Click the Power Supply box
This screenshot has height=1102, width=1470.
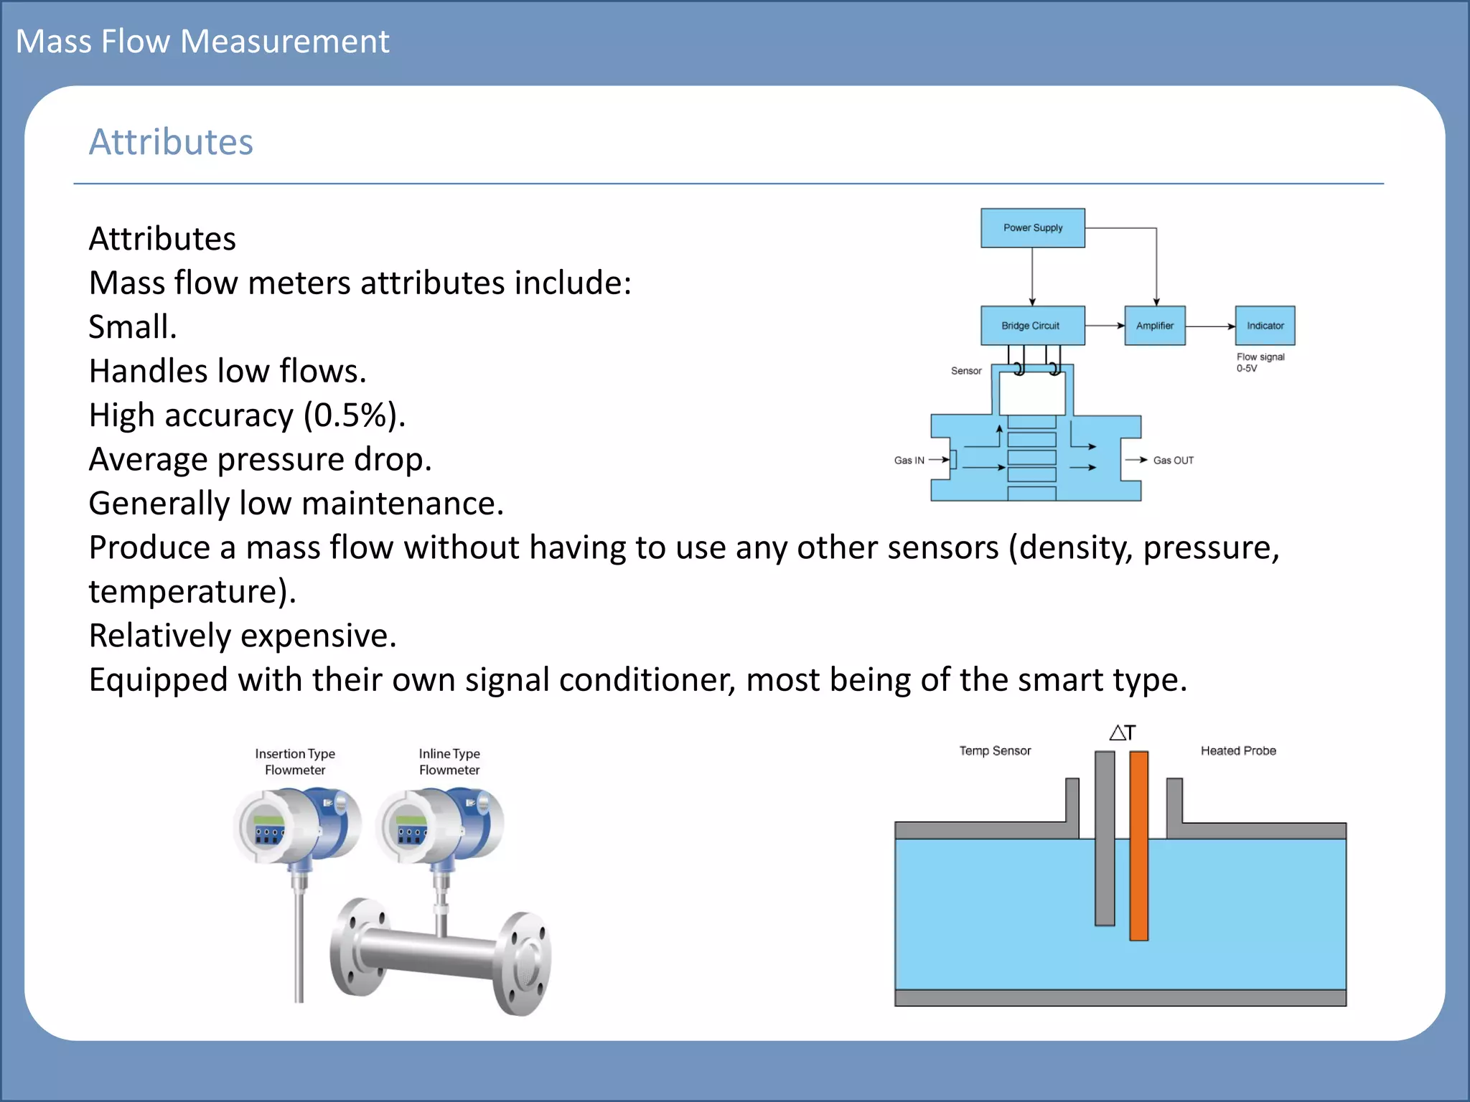pos(1032,228)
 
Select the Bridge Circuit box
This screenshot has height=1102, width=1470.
pos(1032,326)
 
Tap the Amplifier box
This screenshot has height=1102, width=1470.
pos(1154,326)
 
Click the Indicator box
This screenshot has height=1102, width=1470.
pos(1265,326)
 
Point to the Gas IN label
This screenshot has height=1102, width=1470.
pos(909,461)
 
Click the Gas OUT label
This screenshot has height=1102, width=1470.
pos(1173,461)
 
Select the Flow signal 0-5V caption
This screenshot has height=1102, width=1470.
pos(1260,362)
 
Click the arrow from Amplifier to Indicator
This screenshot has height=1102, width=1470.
pos(1210,326)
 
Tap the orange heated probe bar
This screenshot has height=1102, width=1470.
pos(1138,847)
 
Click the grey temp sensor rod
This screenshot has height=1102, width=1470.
pos(1105,839)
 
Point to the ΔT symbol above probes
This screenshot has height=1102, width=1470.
pos(1122,733)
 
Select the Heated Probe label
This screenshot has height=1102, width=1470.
pos(1238,751)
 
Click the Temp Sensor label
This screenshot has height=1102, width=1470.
pos(995,751)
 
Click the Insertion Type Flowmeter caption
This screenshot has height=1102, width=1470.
pos(295,762)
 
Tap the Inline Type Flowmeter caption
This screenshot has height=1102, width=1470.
pos(449,762)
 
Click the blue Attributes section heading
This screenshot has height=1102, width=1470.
pos(171,142)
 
